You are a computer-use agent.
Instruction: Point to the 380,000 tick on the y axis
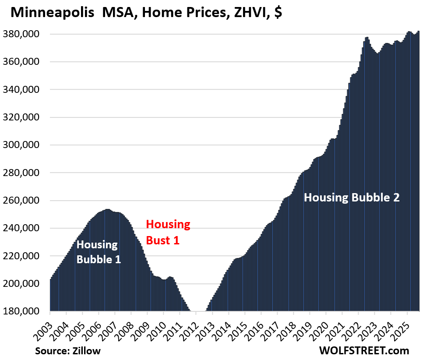click(26, 34)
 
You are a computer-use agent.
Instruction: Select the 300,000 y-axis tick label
click(26, 145)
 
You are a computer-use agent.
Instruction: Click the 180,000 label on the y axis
click(26, 311)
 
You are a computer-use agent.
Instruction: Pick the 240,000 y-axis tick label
click(26, 228)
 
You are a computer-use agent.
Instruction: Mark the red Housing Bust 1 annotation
click(168, 232)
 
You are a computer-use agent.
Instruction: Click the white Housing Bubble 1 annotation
click(98, 252)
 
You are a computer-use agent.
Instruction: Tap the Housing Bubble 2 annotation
click(352, 198)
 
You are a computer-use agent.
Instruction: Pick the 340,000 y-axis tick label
click(26, 89)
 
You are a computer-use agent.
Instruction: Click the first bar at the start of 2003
click(51, 296)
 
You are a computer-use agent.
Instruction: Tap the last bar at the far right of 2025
click(418, 171)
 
